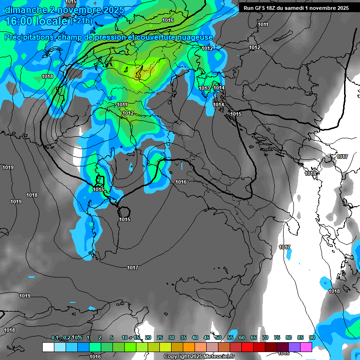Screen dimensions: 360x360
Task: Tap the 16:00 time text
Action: (18, 22)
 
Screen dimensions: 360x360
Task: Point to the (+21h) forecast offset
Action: (82, 22)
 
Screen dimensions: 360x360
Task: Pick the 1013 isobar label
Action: (204, 88)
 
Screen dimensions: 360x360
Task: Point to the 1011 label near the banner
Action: (263, 24)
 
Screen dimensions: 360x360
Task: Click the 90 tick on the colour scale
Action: (312, 337)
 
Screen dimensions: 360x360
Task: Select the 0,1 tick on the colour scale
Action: (55, 337)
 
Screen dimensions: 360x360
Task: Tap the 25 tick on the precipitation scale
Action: (160, 337)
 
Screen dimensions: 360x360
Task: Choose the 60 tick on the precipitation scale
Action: (242, 337)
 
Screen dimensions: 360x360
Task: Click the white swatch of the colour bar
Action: (48, 347)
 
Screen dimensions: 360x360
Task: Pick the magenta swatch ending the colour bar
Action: (306, 347)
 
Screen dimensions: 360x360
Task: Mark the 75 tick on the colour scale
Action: (277, 337)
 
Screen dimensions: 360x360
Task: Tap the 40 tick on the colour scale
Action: (195, 337)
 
